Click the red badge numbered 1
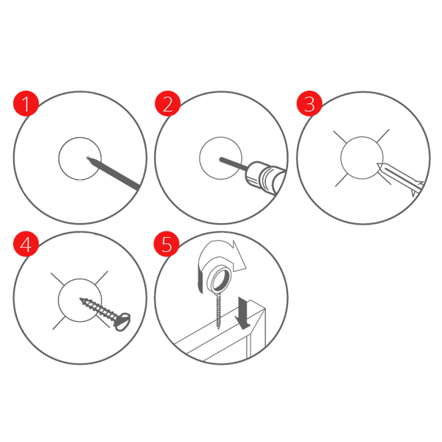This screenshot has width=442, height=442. tap(26, 103)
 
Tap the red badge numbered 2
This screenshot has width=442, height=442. tap(167, 103)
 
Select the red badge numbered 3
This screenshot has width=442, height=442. tap(309, 103)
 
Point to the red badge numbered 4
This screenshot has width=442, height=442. tap(26, 244)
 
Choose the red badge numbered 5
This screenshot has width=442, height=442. tap(166, 244)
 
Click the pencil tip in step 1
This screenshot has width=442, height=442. tap(88, 158)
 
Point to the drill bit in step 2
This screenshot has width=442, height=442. tap(234, 164)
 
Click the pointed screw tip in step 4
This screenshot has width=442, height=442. tap(81, 299)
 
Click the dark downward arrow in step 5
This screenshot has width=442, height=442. tap(242, 313)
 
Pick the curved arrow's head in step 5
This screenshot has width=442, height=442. tap(237, 256)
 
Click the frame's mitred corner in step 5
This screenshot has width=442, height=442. tap(264, 309)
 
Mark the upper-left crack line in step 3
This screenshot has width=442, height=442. tap(340, 137)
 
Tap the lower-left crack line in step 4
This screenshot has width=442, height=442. tap(59, 323)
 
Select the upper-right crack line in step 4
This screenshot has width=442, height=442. tap(101, 278)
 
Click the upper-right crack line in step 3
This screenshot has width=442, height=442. tap(383, 136)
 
